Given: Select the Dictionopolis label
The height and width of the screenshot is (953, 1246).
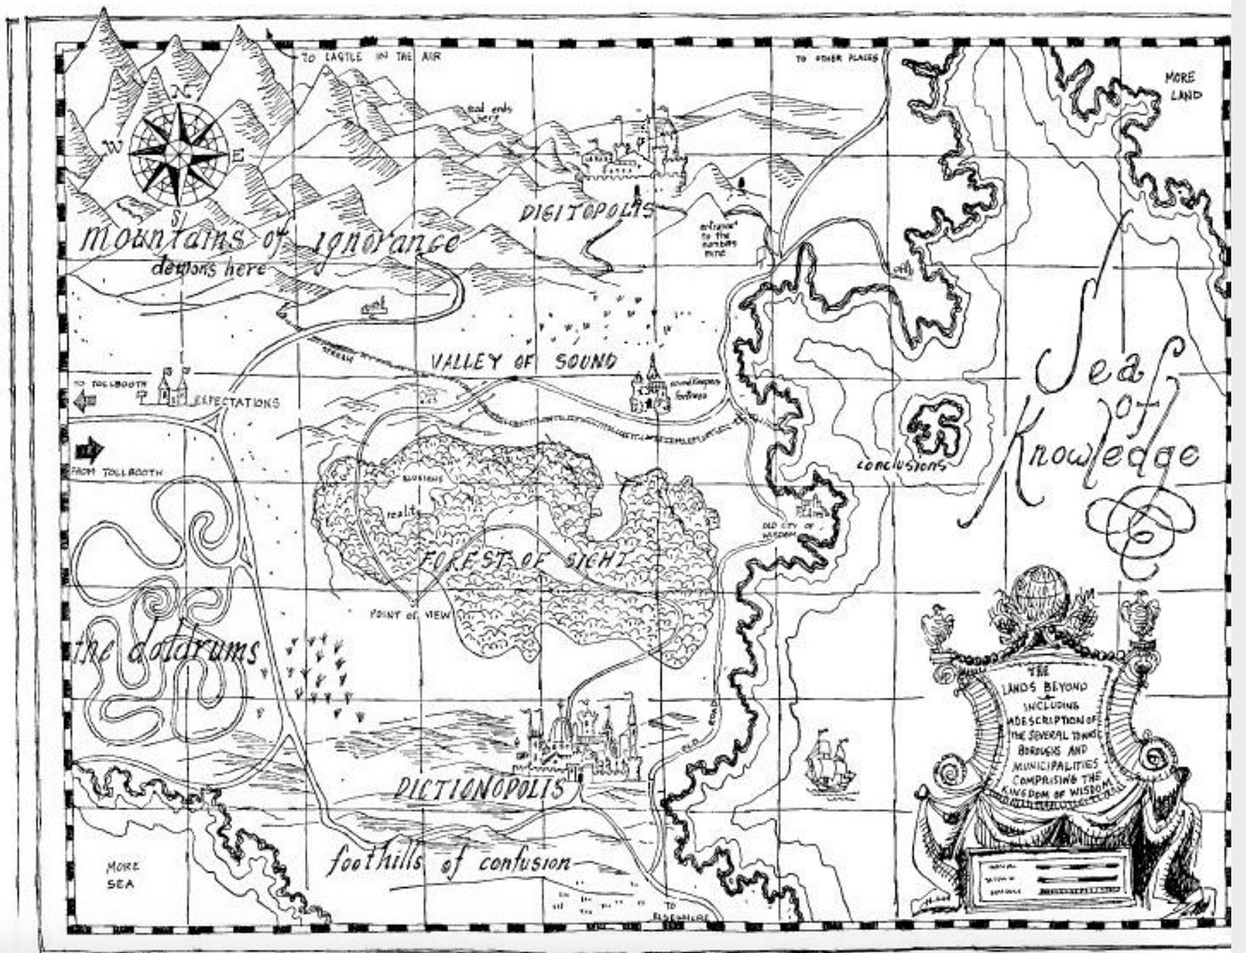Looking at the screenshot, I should pos(481,788).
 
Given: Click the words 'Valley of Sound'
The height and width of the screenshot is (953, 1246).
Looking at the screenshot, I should pos(523,361).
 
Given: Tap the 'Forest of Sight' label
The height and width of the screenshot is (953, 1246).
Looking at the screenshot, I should pos(525,561).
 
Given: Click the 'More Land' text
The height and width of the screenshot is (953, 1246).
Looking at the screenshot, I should pos(1183,86).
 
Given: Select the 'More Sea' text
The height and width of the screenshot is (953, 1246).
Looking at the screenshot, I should pos(122,875).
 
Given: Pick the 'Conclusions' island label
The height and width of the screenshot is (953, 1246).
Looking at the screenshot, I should pos(900,465).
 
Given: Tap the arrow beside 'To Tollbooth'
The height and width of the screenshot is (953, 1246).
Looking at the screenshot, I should pos(85,402).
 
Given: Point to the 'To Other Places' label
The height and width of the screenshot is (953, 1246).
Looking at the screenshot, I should pos(836,59).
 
